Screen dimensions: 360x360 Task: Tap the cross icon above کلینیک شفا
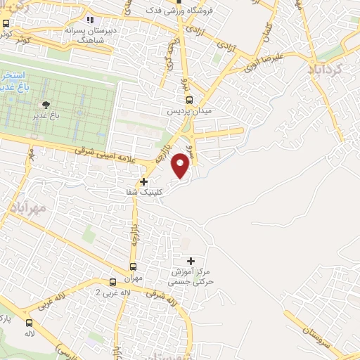tap(144, 181)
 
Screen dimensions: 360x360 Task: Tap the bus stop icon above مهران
tap(134, 266)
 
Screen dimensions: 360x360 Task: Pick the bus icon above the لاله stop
tap(29, 323)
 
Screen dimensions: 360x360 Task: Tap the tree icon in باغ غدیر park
tap(46, 103)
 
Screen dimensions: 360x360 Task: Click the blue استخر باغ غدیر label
tap(12, 80)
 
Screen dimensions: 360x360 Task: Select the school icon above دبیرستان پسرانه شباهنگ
tap(89, 20)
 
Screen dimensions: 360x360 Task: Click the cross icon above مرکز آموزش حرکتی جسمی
tap(191, 262)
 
